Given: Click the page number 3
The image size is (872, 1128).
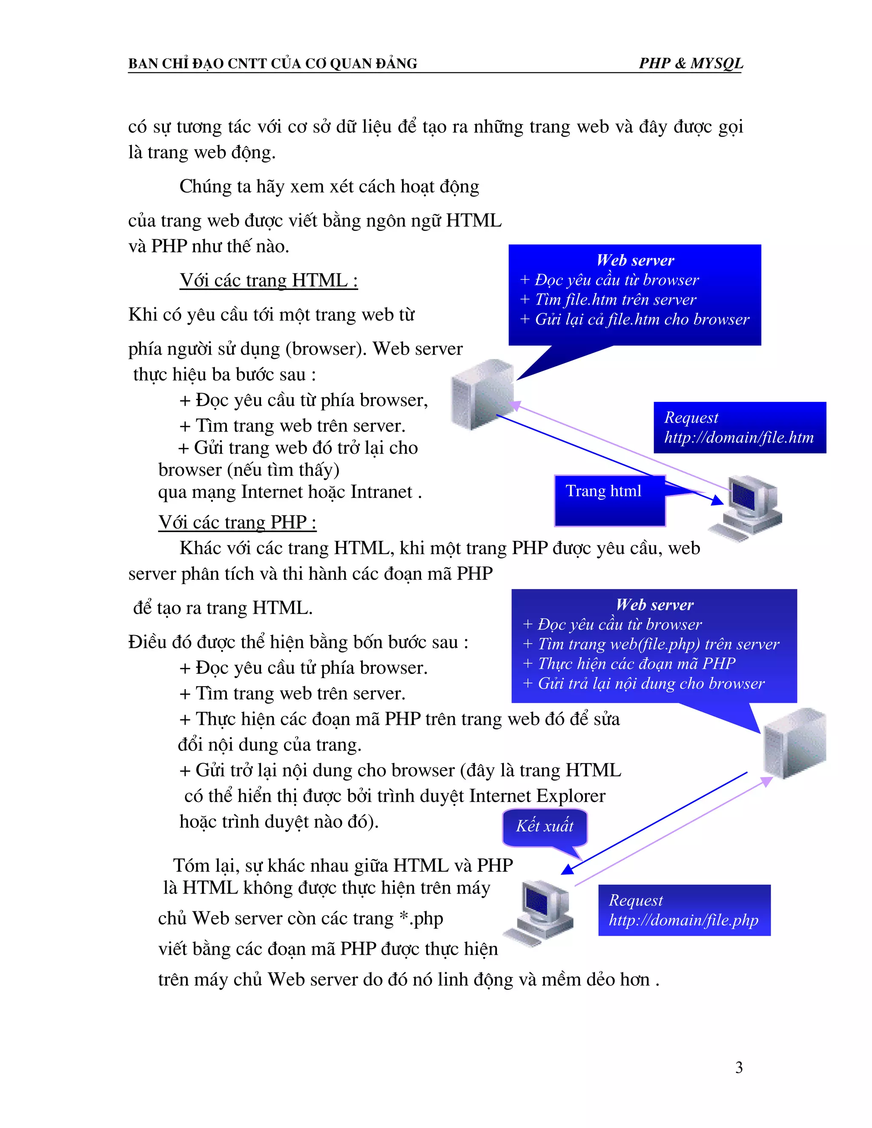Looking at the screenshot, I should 739,1067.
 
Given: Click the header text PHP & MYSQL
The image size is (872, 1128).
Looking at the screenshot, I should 691,63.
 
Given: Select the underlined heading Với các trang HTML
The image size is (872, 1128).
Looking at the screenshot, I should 269,281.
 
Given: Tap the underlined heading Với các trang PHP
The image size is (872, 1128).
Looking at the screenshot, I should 237,522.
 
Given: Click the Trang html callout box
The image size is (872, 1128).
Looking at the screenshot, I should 610,500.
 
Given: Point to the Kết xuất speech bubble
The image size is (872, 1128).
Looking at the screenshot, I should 545,826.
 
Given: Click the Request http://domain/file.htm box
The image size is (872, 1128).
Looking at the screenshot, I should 739,428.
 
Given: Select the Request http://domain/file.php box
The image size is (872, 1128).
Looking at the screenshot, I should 684,910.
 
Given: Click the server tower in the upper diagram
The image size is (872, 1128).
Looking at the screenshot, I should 482,394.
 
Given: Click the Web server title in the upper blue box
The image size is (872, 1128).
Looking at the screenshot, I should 635,260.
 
